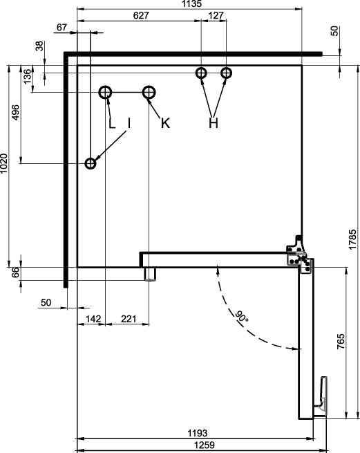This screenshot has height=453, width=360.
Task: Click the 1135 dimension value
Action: tap(191, 3)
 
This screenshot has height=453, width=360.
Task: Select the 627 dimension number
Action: tap(141, 15)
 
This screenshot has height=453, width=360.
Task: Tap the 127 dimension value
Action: tap(216, 15)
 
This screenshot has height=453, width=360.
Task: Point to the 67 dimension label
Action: tap(61, 28)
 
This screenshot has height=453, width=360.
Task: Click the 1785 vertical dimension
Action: tap(352, 239)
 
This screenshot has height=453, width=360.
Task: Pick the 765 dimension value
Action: tap(341, 341)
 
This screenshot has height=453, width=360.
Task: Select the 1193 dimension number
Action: tap(198, 433)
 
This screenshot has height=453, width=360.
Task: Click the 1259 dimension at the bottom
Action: tap(204, 445)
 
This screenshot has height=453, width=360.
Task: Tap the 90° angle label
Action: tap(241, 317)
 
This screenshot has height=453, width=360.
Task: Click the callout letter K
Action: tap(165, 123)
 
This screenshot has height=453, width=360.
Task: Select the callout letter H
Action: tap(214, 123)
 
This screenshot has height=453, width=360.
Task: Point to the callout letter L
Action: tap(112, 123)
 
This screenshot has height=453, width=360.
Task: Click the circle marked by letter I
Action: tap(91, 163)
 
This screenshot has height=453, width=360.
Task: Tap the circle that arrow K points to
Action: tap(149, 93)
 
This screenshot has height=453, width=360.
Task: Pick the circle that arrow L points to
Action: tap(105, 93)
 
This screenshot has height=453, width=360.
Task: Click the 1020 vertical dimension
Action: tap(3, 163)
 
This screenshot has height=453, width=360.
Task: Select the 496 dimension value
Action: tap(15, 112)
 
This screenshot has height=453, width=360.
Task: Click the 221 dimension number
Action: tap(129, 319)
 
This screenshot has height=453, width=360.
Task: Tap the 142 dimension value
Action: tap(93, 319)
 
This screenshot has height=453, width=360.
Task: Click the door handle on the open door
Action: tap(323, 396)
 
